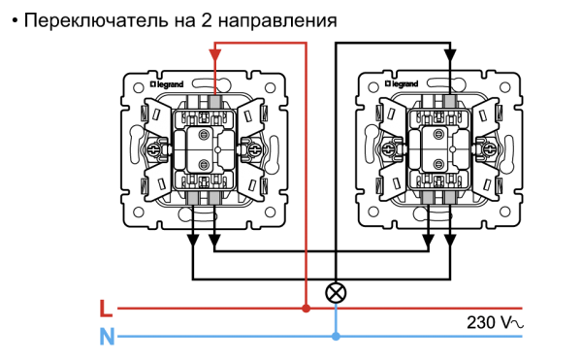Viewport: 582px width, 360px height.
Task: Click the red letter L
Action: click(106, 309)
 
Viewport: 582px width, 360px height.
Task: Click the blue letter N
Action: click(107, 337)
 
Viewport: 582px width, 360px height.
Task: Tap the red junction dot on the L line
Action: click(306, 309)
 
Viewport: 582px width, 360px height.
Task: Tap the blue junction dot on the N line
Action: click(336, 337)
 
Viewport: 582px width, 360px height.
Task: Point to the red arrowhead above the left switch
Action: click(214, 55)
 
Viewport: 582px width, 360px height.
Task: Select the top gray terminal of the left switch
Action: click(214, 102)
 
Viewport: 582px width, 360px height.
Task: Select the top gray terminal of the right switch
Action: click(449, 101)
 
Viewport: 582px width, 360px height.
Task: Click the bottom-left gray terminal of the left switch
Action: click(193, 198)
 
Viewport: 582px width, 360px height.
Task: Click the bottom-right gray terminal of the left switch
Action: click(214, 198)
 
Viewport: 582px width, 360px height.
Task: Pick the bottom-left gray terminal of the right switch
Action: click(428, 197)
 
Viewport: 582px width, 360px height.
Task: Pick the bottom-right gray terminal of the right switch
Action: click(449, 197)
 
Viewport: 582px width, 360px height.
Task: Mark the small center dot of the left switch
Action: click(217, 149)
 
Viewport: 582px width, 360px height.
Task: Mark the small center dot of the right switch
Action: click(452, 149)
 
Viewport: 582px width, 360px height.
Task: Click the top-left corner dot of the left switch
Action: click(139, 87)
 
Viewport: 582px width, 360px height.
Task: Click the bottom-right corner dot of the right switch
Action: click(504, 212)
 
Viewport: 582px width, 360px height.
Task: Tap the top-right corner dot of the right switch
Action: click(504, 87)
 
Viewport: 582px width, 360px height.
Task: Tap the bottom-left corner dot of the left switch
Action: click(139, 212)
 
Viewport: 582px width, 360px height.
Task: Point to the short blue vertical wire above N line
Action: click(336, 319)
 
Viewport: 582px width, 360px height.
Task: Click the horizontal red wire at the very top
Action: click(260, 43)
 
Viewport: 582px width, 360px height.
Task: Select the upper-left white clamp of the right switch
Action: click(392, 115)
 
